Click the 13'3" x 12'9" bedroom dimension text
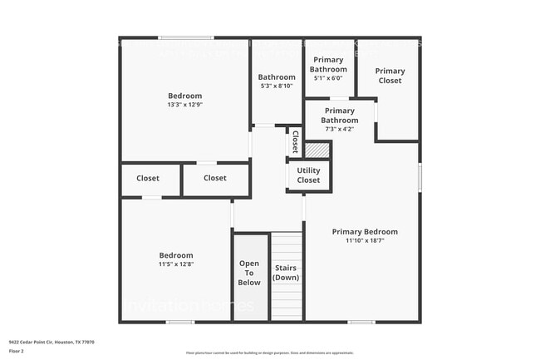pos(184,106)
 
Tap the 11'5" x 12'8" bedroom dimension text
pos(176,265)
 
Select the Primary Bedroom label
pos(365,232)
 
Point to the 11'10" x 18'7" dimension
pos(365,241)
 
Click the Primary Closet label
pos(389,76)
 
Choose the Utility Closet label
pos(308,175)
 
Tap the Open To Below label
pos(250,273)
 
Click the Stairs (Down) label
pos(286,273)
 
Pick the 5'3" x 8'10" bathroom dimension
pos(277,86)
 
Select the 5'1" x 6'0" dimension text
pos(328,78)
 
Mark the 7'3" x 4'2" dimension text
pos(339,129)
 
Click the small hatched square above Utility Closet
pos(317,150)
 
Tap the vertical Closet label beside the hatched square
pos(294,142)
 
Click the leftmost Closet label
pos(148,178)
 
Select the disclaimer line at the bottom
pos(270,353)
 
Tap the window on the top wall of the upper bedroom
pos(187,37)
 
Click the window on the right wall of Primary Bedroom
pos(419,176)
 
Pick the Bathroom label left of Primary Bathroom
pos(277,77)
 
